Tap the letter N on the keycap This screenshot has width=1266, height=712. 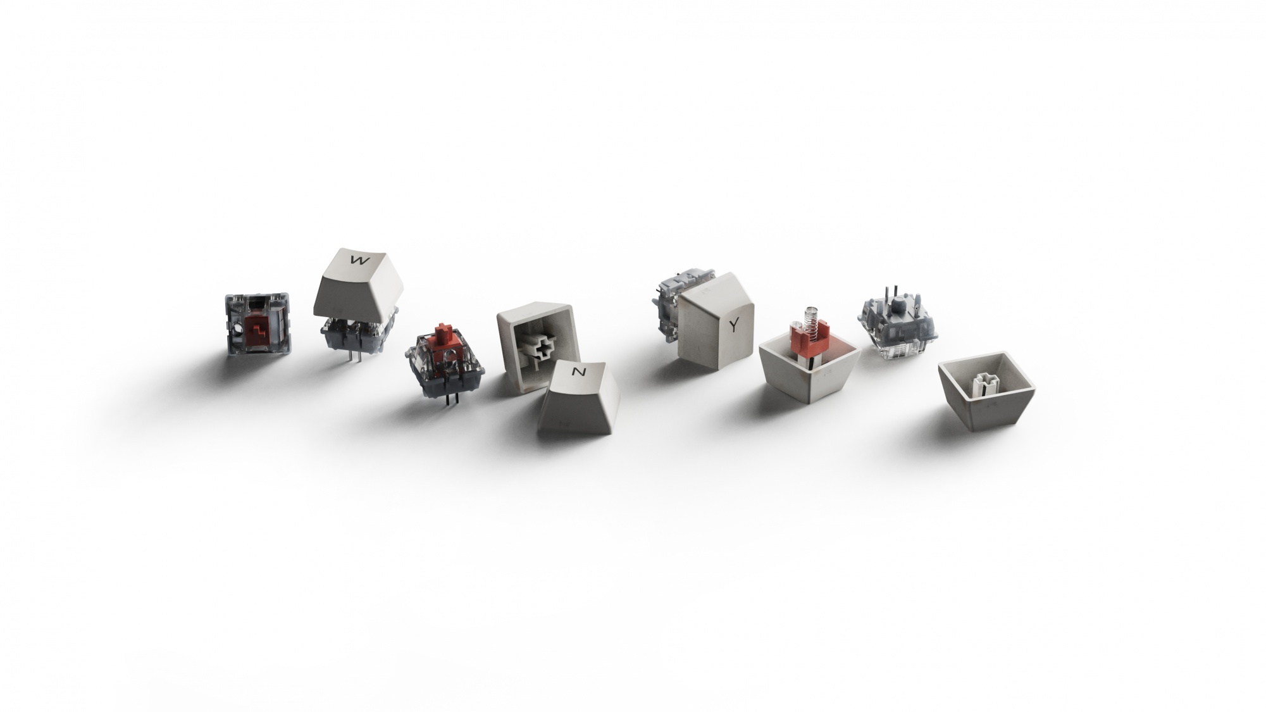click(x=578, y=372)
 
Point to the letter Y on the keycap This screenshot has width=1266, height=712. click(x=734, y=325)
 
